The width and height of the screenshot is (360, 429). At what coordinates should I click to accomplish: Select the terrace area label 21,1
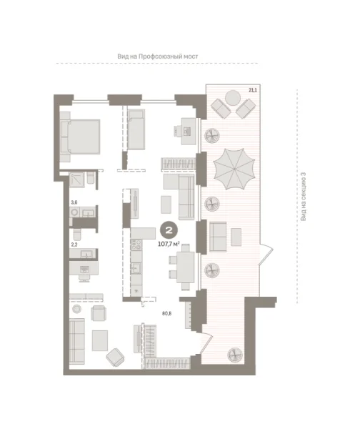coord(252,90)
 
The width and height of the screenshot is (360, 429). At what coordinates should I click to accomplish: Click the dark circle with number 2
coord(169,230)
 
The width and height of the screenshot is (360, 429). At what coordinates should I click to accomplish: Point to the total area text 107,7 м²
coord(169,242)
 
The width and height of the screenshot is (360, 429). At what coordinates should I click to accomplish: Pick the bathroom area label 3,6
coord(74,202)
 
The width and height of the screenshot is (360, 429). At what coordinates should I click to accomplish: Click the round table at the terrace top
coord(234,98)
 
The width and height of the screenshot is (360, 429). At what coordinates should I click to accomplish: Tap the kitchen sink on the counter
coord(135,269)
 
